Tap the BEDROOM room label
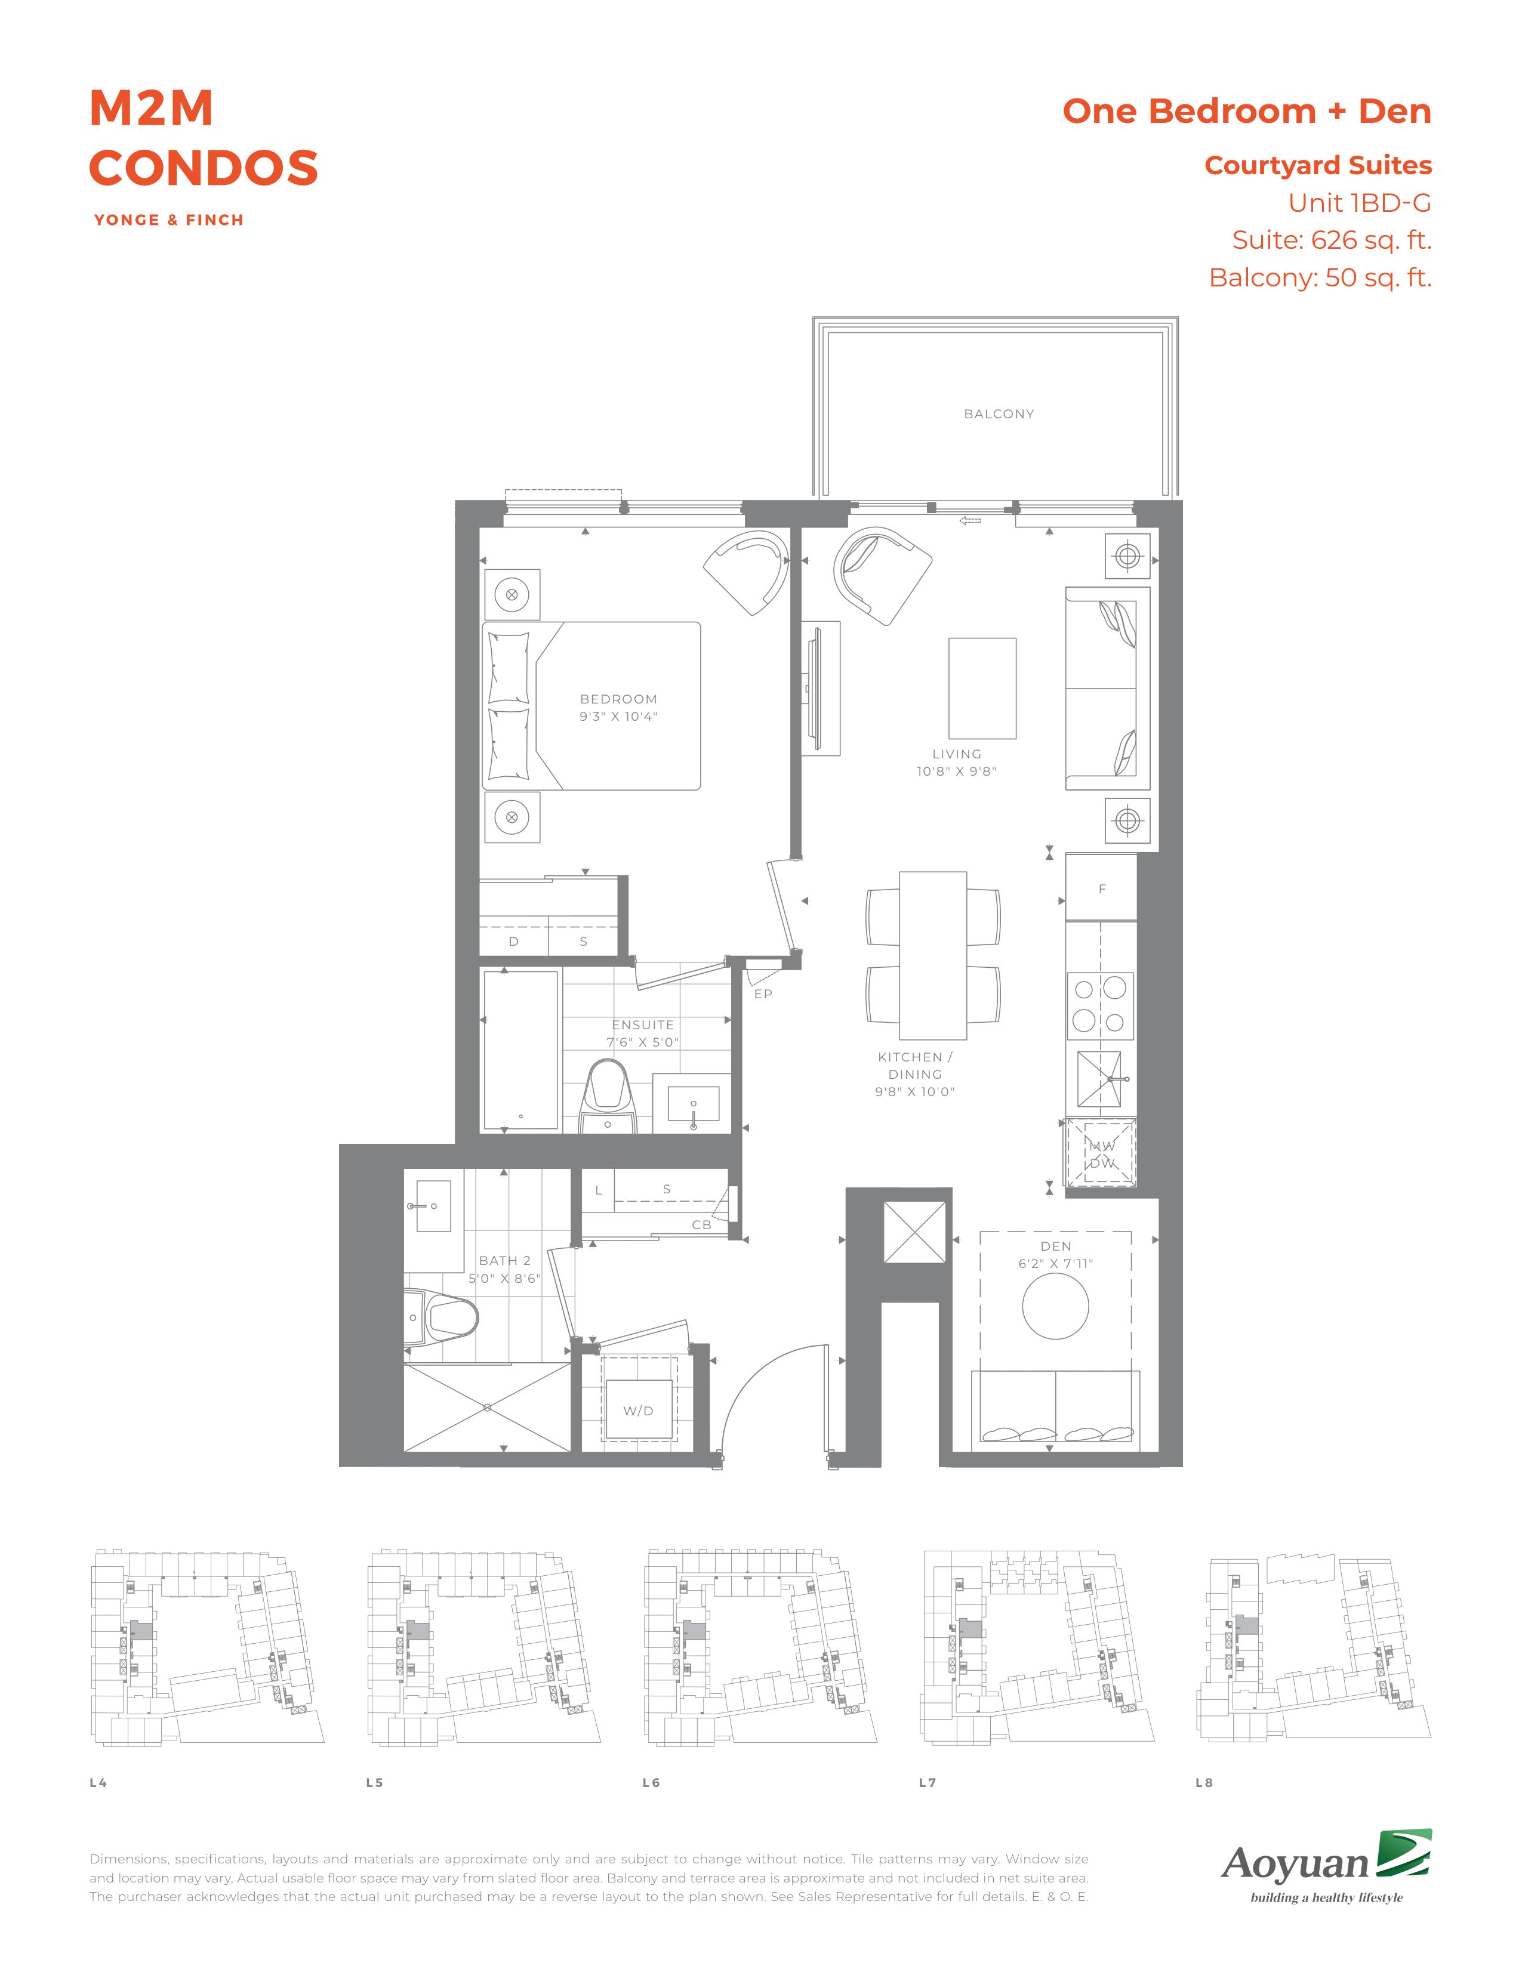[x=618, y=699]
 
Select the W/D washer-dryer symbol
[x=639, y=1410]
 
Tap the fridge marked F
[x=1101, y=888]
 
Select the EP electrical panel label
[x=763, y=993]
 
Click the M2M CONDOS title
[x=204, y=138]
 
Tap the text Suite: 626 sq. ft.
[x=1332, y=240]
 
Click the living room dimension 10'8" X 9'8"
[x=957, y=771]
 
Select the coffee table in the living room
[x=982, y=688]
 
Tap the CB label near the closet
[x=701, y=1224]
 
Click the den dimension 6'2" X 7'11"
[x=1055, y=1263]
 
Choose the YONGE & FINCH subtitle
[x=168, y=220]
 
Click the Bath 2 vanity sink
[x=427, y=1205]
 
